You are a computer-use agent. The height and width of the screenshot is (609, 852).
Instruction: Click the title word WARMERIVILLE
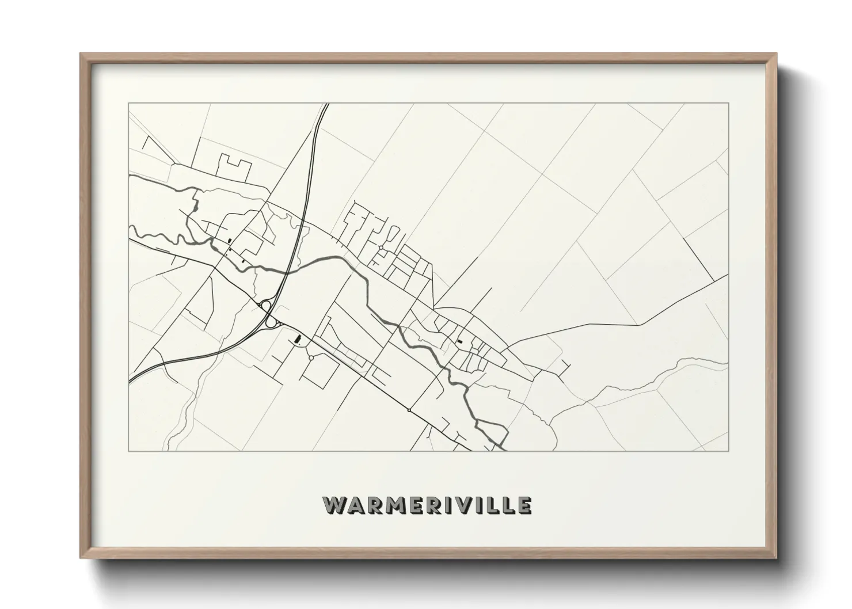(x=427, y=505)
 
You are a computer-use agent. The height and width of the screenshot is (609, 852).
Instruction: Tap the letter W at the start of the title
(x=334, y=505)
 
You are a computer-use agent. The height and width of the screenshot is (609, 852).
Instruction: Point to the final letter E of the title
(x=524, y=505)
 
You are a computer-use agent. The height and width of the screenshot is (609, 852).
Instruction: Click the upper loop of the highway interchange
(x=266, y=305)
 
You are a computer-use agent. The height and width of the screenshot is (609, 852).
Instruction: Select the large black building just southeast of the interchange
(x=298, y=339)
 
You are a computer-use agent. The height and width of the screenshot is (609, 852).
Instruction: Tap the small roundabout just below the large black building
(x=311, y=358)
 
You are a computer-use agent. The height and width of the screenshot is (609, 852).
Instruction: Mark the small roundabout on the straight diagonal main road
(x=409, y=410)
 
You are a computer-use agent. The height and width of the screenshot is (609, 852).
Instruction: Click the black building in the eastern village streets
(x=460, y=341)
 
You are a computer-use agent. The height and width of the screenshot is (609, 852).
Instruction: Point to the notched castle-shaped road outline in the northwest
(x=235, y=165)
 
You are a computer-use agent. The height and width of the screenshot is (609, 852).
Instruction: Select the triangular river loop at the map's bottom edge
(x=492, y=432)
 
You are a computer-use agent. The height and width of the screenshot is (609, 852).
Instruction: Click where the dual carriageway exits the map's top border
(x=326, y=104)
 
